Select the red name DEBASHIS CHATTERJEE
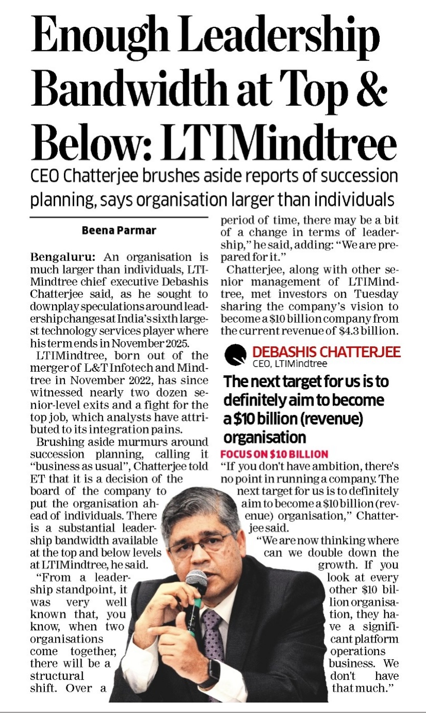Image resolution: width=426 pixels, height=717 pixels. click(x=326, y=352)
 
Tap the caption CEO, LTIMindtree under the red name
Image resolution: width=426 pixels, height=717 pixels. click(x=289, y=363)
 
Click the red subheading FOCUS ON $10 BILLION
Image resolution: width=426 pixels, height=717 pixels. click(x=274, y=454)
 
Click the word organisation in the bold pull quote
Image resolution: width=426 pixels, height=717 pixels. click(x=264, y=437)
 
